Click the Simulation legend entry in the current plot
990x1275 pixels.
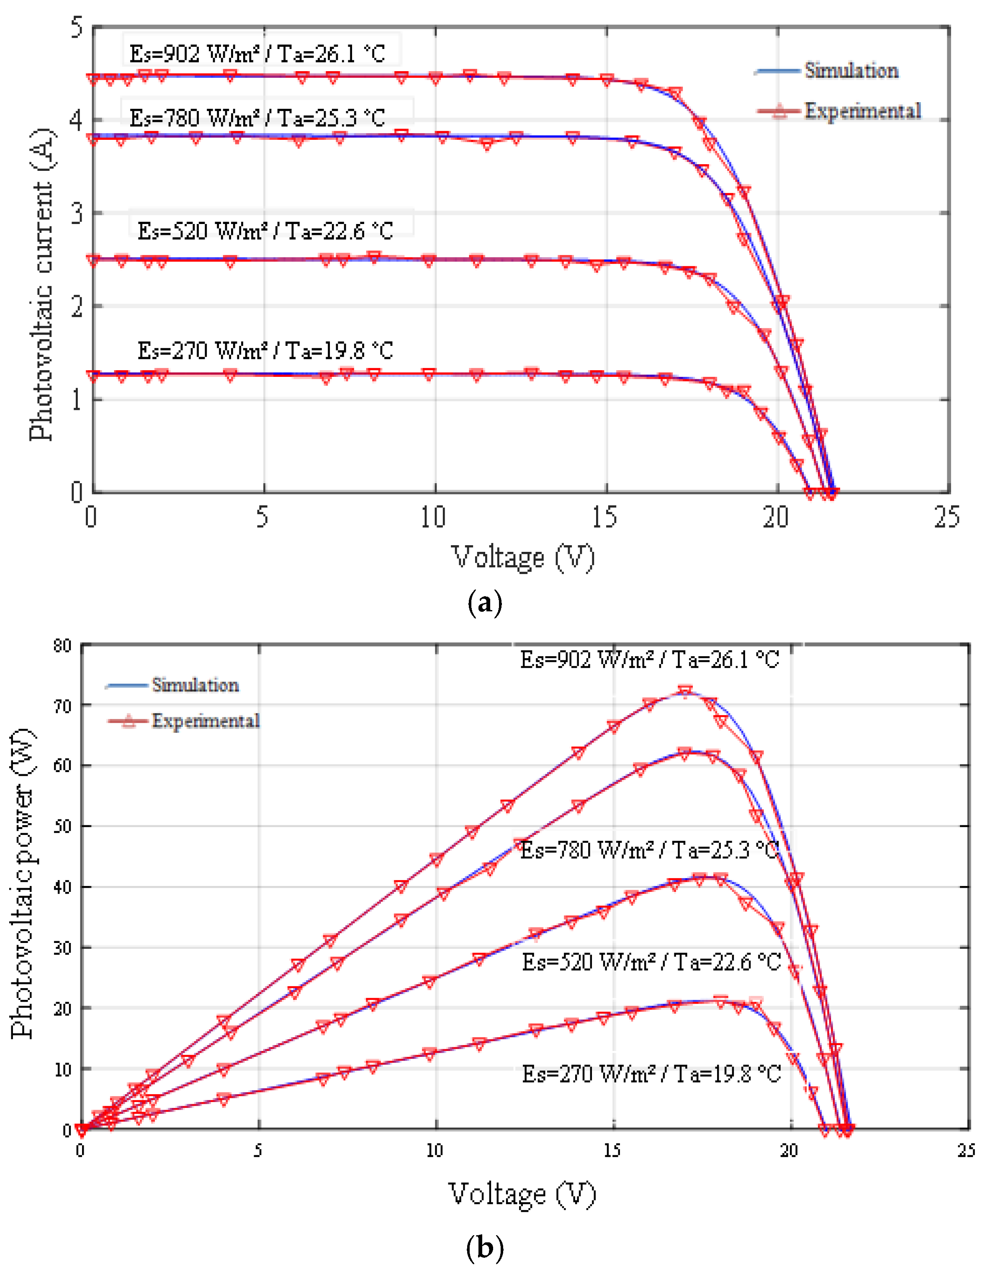tap(851, 71)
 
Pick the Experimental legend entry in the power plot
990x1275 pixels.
tap(206, 721)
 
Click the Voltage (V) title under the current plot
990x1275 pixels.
tap(523, 557)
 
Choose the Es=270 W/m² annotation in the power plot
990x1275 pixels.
tap(651, 1074)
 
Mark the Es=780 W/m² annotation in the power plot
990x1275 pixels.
tap(649, 850)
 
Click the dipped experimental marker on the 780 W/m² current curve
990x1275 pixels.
tap(487, 144)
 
